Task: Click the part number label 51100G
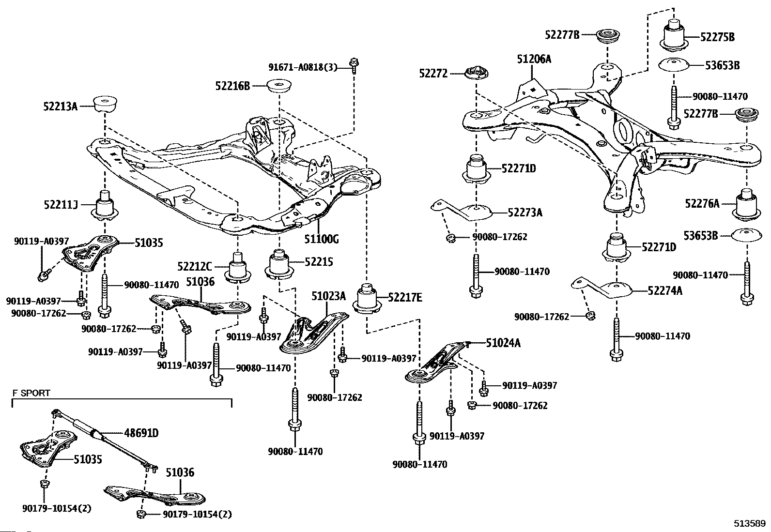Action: (x=322, y=239)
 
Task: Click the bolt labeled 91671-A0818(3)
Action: (x=354, y=65)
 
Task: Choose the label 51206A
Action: (x=534, y=59)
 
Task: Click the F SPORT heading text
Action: (x=31, y=393)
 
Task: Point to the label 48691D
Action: (x=141, y=433)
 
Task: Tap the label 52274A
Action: (x=665, y=290)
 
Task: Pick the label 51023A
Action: (x=328, y=296)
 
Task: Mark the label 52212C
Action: (x=195, y=266)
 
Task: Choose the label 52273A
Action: (x=525, y=213)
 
